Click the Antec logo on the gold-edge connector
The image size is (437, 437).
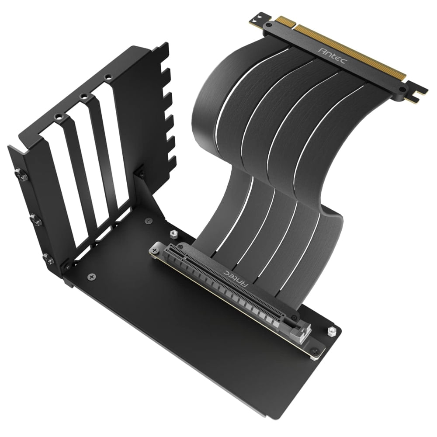coord(332,56)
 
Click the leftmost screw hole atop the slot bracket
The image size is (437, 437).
coord(58,117)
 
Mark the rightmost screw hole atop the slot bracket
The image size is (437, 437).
coord(106,77)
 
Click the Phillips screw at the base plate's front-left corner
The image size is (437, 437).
coord(91,277)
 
